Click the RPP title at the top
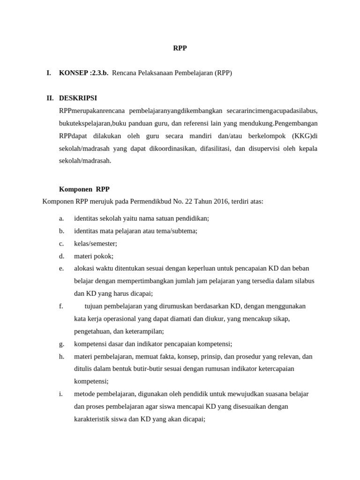click(x=180, y=48)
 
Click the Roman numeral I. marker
click(x=48, y=73)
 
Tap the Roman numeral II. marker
click(x=50, y=98)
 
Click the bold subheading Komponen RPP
click(x=84, y=189)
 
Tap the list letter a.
click(x=61, y=218)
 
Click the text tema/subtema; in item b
click(x=176, y=231)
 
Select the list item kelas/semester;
click(x=96, y=243)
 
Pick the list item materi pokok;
click(x=94, y=256)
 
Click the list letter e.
click(x=61, y=268)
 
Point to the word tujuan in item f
click(x=94, y=306)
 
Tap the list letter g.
click(x=61, y=344)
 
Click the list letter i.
click(x=61, y=394)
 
